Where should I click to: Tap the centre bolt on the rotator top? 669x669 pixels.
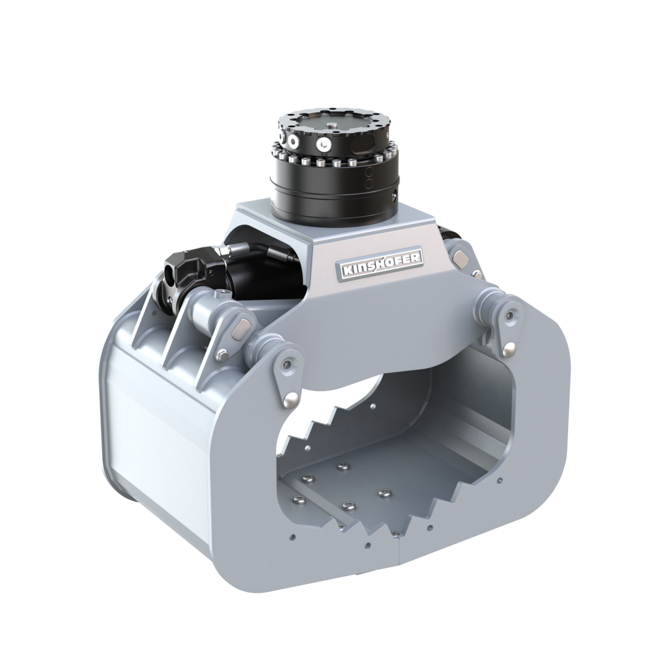coord(333,125)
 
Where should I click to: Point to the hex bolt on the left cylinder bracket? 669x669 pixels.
coord(222,354)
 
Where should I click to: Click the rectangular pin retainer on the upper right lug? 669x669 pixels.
coord(460,257)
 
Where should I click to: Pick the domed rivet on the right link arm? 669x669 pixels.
coord(507,350)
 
